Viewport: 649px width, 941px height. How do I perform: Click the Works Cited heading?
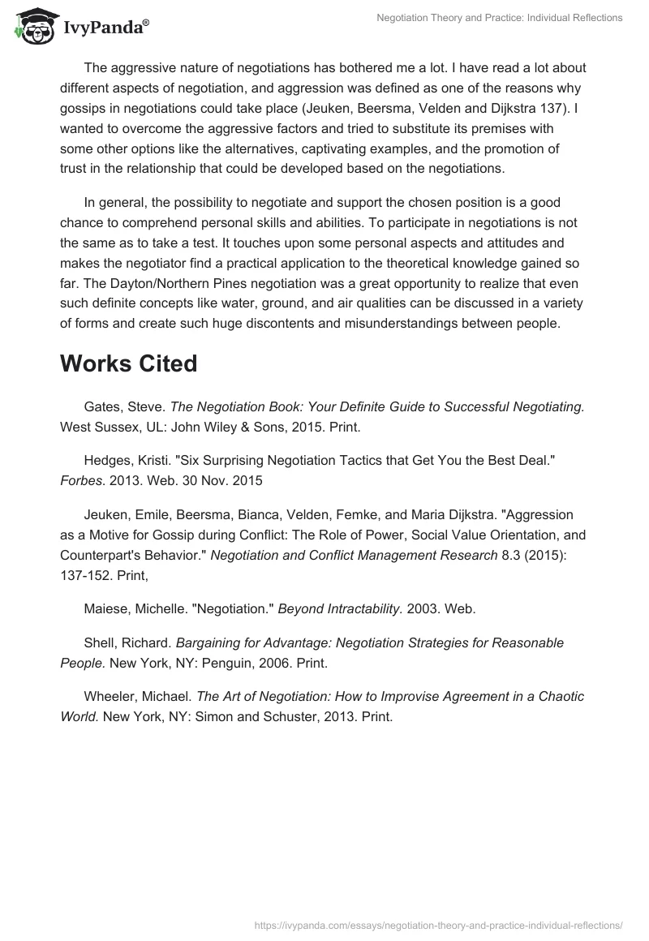[128, 363]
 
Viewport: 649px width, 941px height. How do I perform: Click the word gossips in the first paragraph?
[82, 109]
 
